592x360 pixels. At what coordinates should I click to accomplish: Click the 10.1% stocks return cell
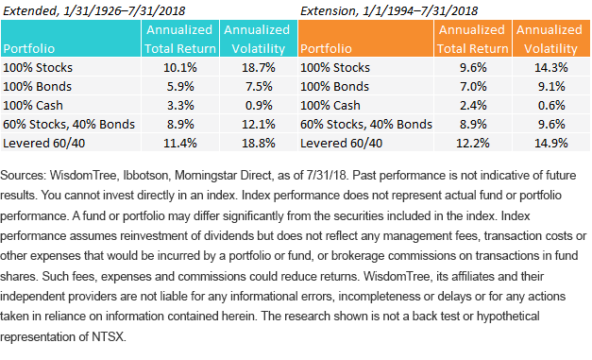pyautogui.click(x=180, y=68)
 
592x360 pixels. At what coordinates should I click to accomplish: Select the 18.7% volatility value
pyautogui.click(x=259, y=68)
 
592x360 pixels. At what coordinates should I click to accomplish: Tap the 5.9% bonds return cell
pyautogui.click(x=180, y=87)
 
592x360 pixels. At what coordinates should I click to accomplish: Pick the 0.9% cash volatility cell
pyautogui.click(x=259, y=106)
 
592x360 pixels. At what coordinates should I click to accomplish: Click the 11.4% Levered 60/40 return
pyautogui.click(x=180, y=144)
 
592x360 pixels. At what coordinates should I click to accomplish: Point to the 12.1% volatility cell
pyautogui.click(x=259, y=125)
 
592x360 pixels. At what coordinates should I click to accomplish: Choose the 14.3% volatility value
pyautogui.click(x=550, y=68)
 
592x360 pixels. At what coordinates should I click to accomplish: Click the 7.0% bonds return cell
pyautogui.click(x=473, y=87)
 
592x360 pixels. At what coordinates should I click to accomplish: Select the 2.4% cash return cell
pyautogui.click(x=473, y=106)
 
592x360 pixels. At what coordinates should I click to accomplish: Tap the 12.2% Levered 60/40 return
pyautogui.click(x=473, y=144)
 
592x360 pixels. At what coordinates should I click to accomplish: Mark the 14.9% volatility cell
pyautogui.click(x=550, y=144)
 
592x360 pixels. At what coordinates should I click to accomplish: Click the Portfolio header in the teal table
pyautogui.click(x=29, y=49)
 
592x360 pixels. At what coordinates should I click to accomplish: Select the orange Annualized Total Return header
pyautogui.click(x=472, y=40)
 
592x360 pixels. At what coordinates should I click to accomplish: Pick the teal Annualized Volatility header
pyautogui.click(x=257, y=40)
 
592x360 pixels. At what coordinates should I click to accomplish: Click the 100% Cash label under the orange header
pyautogui.click(x=330, y=106)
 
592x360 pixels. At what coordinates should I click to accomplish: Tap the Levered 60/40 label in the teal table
pyautogui.click(x=43, y=144)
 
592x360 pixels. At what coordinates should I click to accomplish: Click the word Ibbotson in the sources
pyautogui.click(x=145, y=176)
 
